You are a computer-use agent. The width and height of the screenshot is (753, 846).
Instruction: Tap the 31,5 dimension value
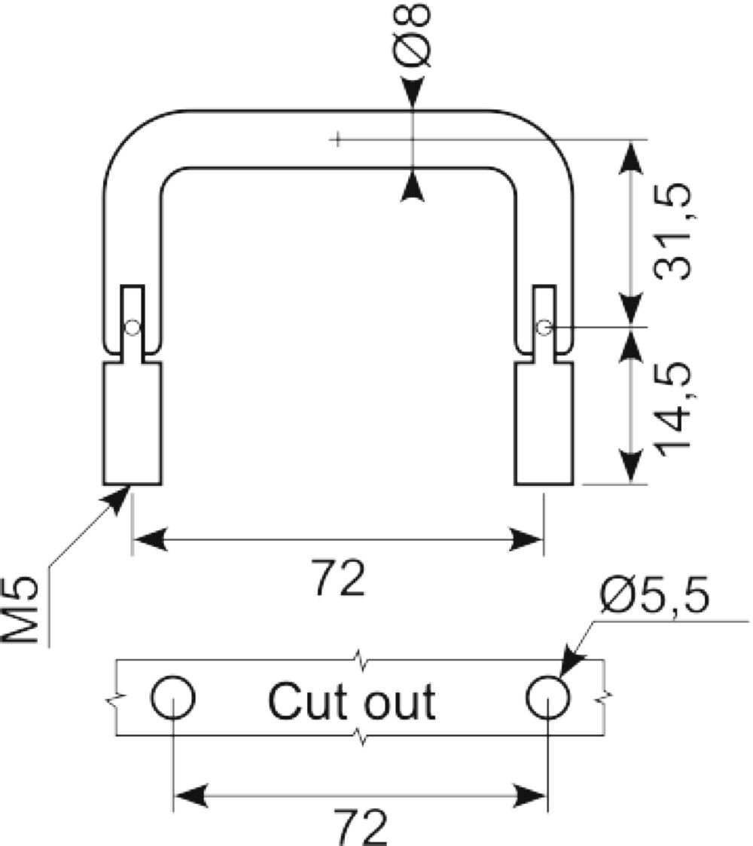[x=671, y=232]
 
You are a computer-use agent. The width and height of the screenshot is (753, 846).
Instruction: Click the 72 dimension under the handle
[x=339, y=577]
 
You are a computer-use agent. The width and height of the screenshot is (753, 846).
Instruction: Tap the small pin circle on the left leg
[x=133, y=327]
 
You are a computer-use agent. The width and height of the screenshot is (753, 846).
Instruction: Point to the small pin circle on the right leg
[x=544, y=327]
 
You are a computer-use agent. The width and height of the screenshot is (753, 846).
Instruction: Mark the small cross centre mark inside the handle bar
[x=337, y=139]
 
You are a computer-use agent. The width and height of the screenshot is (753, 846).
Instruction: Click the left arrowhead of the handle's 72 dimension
[x=149, y=539]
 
